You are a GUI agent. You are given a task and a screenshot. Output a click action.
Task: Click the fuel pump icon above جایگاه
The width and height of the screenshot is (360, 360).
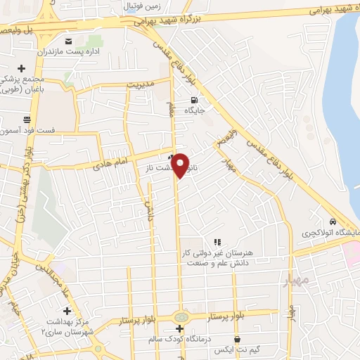click(x=195, y=100)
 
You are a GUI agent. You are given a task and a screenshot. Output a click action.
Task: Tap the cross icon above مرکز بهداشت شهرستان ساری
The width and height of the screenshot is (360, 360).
click(x=67, y=311)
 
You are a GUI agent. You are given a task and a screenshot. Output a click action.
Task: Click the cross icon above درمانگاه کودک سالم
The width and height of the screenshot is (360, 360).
click(x=180, y=328)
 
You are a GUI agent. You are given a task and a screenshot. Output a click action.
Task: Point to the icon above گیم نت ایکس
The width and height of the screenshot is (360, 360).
click(x=238, y=339)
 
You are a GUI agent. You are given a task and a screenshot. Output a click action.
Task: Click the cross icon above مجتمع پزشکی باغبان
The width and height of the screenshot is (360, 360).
click(x=22, y=68)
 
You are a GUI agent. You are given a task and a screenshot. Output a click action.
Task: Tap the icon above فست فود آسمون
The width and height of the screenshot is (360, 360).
click(x=27, y=118)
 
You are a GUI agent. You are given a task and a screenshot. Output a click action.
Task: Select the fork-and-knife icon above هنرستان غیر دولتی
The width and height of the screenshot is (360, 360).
click(x=217, y=242)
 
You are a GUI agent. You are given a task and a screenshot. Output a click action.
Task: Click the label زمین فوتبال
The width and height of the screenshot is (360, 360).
click(x=143, y=6)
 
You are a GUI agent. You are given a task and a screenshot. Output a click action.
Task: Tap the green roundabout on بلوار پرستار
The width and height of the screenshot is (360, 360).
click(x=181, y=318)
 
